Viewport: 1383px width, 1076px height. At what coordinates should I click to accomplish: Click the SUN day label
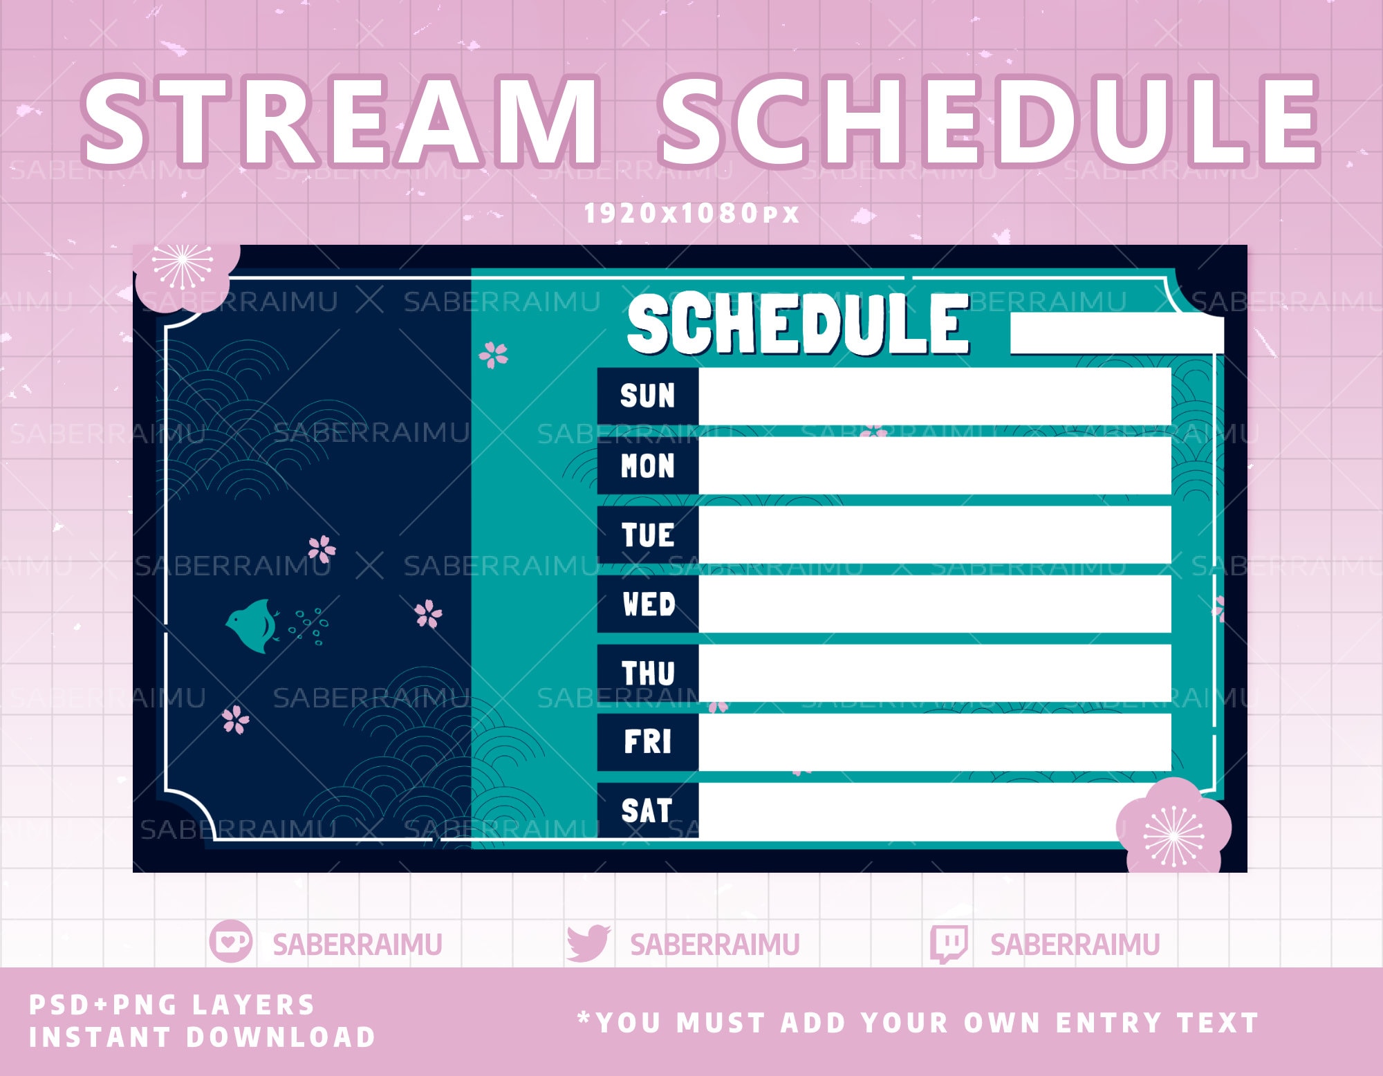647,396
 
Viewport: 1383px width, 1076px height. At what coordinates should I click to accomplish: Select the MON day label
647,465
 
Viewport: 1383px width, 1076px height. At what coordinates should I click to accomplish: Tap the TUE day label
647,535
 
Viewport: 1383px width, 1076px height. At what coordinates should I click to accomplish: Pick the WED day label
647,604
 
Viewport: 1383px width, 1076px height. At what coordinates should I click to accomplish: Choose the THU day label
647,673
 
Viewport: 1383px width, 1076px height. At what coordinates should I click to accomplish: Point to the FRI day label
647,742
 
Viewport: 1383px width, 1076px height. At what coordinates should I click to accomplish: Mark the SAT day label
647,810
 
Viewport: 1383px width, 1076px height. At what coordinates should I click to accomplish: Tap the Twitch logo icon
948,944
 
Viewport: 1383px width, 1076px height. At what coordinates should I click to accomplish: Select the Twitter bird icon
588,943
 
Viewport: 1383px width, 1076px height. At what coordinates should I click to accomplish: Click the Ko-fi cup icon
230,942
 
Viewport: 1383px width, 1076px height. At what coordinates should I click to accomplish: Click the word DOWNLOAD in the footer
280,1037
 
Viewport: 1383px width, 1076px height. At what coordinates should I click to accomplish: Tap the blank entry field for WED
934,604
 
